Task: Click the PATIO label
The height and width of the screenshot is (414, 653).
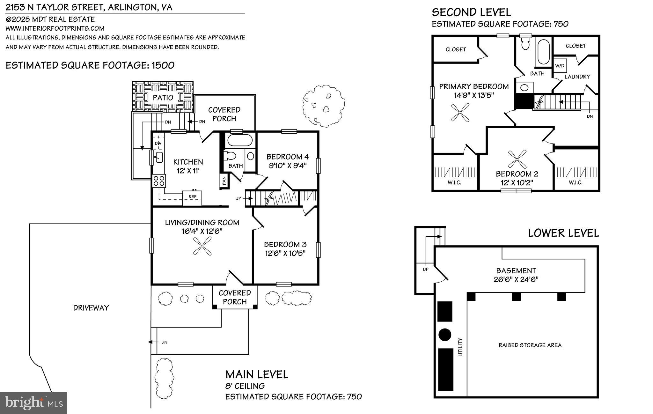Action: (x=163, y=98)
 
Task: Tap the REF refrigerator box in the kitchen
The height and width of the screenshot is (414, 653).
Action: (x=192, y=197)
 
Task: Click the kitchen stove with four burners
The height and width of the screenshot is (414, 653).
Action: (x=159, y=181)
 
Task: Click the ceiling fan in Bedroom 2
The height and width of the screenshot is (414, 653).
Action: (x=517, y=159)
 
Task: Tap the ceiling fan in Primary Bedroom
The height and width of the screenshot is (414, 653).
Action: (x=460, y=113)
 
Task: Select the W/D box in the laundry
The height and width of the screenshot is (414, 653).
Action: (x=560, y=66)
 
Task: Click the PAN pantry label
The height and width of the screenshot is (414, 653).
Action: (x=224, y=181)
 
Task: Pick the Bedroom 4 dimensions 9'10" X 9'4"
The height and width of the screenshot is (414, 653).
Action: (x=288, y=165)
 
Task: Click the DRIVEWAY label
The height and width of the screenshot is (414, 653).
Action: (x=91, y=308)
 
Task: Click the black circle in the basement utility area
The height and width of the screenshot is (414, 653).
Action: (x=445, y=335)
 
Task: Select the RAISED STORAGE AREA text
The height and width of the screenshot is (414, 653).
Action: (x=530, y=345)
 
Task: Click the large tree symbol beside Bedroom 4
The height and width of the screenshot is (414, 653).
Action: (x=323, y=106)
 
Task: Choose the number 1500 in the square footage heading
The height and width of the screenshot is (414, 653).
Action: (x=163, y=65)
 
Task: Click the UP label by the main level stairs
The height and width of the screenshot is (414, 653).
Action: (x=238, y=198)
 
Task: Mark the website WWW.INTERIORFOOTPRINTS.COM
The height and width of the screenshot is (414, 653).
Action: (x=55, y=28)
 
